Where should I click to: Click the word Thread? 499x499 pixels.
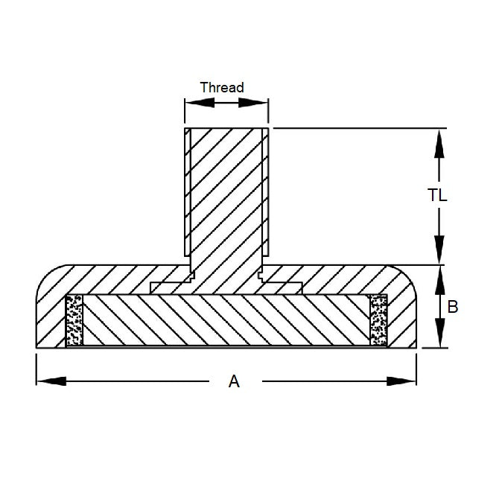pyautogui.click(x=222, y=87)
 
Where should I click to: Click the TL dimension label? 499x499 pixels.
pyautogui.click(x=438, y=195)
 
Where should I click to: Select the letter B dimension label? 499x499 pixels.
pyautogui.click(x=451, y=305)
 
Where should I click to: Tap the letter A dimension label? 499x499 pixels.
pyautogui.click(x=234, y=381)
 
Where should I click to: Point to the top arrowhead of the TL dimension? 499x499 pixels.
pyautogui.click(x=440, y=142)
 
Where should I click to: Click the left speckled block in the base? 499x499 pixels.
pyautogui.click(x=74, y=320)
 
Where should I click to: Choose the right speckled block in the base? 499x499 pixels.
pyautogui.click(x=378, y=320)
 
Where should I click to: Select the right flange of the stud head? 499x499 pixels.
pyautogui.click(x=284, y=285)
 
